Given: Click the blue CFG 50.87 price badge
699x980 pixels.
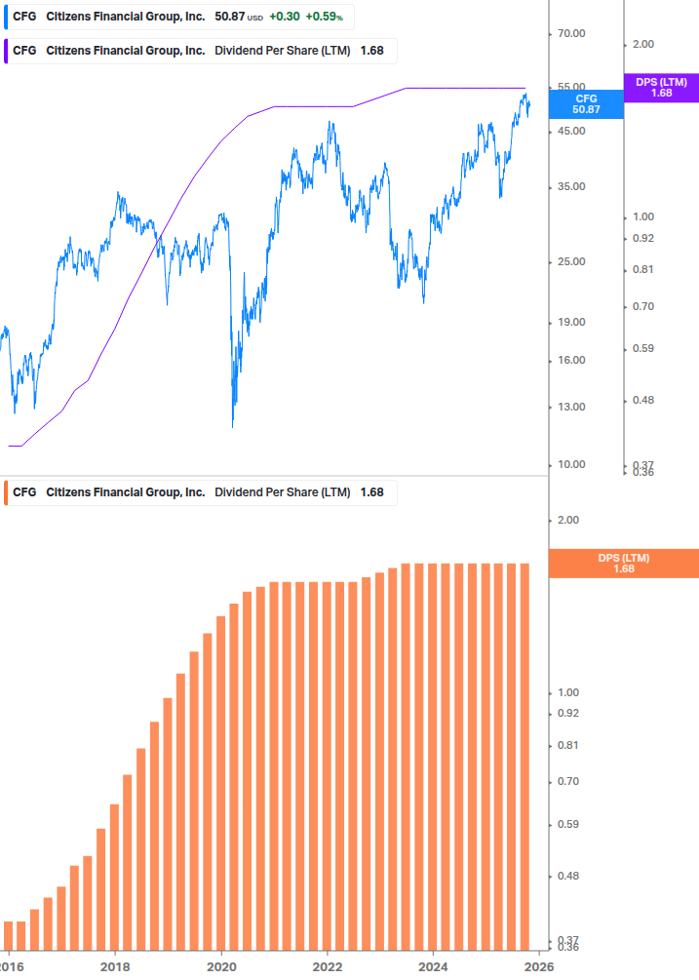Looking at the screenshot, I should [586, 104].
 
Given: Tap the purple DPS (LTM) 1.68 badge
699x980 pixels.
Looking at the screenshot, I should [661, 88].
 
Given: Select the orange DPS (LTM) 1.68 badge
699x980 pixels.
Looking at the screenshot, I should [624, 563].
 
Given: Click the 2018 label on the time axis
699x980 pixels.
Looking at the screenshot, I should [115, 966].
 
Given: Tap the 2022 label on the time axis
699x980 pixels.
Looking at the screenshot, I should [328, 966].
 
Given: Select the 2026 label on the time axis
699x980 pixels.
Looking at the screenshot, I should [539, 966].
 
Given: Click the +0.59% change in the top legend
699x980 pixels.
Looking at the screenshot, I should [324, 17].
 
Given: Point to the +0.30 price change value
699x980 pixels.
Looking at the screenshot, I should [284, 17].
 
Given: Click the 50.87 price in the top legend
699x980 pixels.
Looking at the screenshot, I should [230, 17].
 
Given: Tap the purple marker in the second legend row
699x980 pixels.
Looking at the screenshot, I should [7, 51].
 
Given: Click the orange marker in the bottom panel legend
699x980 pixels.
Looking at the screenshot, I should [7, 492].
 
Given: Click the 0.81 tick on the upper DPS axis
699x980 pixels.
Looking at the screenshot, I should [641, 269].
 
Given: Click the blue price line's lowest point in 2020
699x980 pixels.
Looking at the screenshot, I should [233, 425].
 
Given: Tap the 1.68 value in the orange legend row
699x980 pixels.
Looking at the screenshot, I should [371, 492].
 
